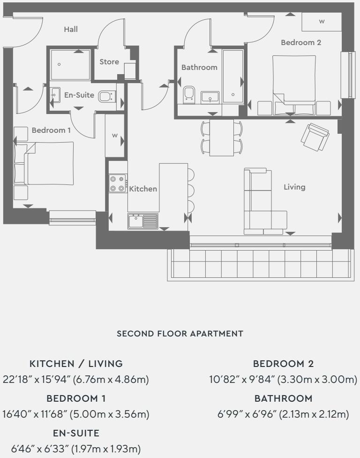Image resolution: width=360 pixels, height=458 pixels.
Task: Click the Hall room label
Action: [71, 29]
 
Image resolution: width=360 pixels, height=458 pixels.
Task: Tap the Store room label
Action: [109, 61]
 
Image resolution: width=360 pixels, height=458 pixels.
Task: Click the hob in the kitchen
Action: [118, 183]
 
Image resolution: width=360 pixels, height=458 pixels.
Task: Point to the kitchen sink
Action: [143, 221]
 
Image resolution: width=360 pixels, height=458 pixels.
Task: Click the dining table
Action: [222, 137]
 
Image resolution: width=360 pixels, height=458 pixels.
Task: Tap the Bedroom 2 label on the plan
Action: [301, 42]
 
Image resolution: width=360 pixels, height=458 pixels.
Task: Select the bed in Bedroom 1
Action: [44, 164]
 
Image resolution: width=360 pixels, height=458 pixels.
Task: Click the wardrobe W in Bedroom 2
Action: [322, 21]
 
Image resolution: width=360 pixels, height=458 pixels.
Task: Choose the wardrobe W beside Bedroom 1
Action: [115, 136]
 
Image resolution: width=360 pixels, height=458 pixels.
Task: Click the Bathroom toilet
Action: [189, 94]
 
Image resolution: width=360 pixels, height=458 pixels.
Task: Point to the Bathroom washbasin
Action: [210, 97]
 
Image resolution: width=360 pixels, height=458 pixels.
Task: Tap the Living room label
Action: [295, 187]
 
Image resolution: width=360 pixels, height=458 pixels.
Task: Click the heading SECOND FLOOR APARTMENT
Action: [180, 334]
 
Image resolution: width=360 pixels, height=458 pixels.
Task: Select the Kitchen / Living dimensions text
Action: [76, 380]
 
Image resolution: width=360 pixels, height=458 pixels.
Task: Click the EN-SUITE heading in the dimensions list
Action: [76, 433]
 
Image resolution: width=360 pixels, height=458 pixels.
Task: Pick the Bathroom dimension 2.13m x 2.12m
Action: [314, 414]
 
